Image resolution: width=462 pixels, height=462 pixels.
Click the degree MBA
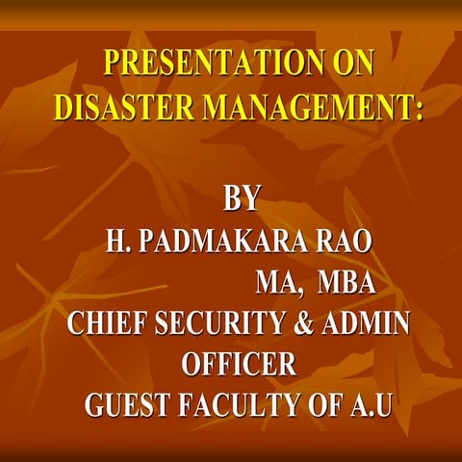coord(346,282)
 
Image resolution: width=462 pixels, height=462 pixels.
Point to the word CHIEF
coord(105,324)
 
